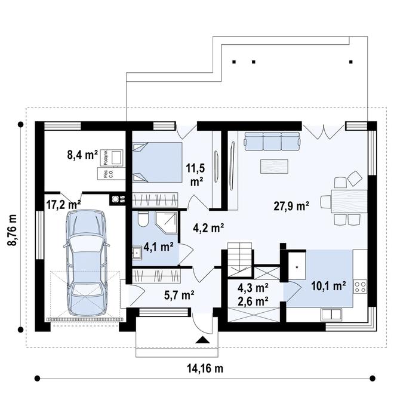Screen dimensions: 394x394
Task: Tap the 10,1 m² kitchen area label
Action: [x=328, y=286]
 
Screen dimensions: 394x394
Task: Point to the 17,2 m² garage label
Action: [x=63, y=204]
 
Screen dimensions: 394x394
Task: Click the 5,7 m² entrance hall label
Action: [x=179, y=294]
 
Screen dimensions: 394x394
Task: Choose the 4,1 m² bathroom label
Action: [x=158, y=245]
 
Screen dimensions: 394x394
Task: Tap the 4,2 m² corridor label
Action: [x=208, y=227]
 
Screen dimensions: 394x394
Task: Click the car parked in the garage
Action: [x=87, y=264]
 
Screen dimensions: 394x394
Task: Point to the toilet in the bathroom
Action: [x=140, y=220]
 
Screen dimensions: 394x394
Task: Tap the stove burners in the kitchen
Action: [x=361, y=287]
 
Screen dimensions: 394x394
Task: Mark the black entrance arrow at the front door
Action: [x=204, y=340]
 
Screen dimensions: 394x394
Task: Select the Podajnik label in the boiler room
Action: [x=104, y=156]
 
